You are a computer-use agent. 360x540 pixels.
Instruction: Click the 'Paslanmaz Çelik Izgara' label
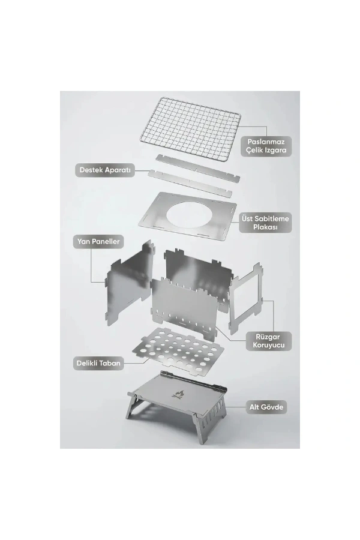click(266, 146)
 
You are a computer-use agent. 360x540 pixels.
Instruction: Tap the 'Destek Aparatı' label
click(105, 170)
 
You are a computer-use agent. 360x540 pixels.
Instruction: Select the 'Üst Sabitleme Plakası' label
click(265, 223)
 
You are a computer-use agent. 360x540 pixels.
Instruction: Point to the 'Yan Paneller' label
click(98, 241)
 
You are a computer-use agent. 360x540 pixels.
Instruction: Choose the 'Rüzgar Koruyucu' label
click(268, 341)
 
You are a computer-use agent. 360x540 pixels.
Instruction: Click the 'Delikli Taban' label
click(98, 363)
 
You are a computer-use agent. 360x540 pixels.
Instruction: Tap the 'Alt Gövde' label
click(266, 407)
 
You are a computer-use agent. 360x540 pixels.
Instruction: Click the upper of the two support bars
click(198, 167)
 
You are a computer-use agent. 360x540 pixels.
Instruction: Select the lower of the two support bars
click(190, 183)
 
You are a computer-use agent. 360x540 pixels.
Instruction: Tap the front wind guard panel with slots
click(185, 307)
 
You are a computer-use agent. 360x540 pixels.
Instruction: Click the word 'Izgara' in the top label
click(275, 151)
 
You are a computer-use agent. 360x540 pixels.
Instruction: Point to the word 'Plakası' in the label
click(265, 227)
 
